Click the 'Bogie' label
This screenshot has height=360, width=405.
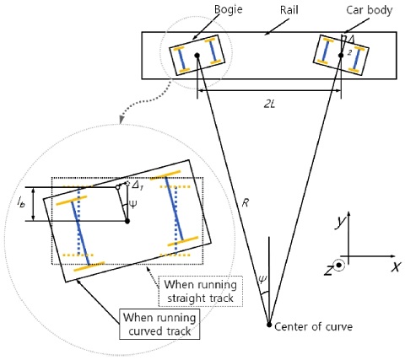pos(228,10)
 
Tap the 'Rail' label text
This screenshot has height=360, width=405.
pos(289,10)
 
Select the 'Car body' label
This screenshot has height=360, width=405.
pos(369,10)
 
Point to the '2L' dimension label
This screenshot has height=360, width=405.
pos(269,105)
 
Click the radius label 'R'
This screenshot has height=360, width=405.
pos(246,203)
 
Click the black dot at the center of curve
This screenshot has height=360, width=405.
pos(269,325)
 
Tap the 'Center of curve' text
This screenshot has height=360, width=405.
pos(313,326)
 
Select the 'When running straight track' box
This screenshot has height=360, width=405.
pos(200,291)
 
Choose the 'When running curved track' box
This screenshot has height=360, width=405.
pos(159,324)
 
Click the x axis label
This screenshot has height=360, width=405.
pos(396,266)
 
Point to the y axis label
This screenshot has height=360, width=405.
pos(340,222)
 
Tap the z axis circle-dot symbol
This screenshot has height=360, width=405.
pos(339,265)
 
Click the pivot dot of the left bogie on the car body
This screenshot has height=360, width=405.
pos(197,56)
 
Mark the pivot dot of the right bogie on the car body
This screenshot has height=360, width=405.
pos(341,56)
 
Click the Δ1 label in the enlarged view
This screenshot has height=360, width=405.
pos(138,185)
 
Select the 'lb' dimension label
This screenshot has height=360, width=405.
pos(21,202)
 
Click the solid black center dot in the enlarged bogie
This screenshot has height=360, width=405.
pos(127,221)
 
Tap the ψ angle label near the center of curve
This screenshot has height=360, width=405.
pos(262,279)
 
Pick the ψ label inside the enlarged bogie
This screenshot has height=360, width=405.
pos(133,204)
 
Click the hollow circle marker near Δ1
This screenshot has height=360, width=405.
pos(117,187)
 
